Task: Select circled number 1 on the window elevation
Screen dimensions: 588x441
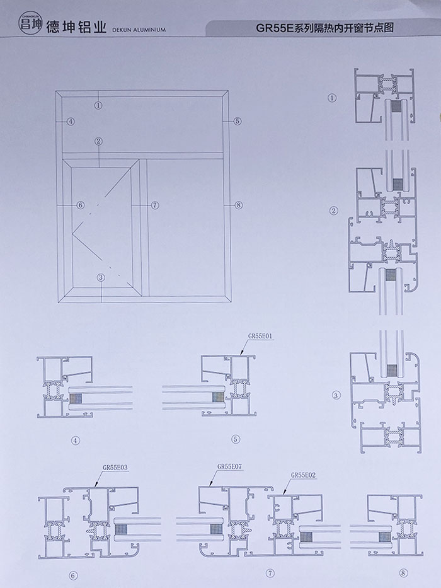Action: [99, 105]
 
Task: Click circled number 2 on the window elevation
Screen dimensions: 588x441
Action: [99, 142]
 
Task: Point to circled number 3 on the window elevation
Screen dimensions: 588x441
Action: [100, 277]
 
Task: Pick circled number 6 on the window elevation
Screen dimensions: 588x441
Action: [80, 205]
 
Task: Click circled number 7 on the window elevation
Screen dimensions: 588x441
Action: [155, 205]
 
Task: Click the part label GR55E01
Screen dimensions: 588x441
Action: [260, 337]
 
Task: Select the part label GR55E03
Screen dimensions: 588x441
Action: [115, 468]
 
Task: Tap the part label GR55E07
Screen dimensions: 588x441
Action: [230, 468]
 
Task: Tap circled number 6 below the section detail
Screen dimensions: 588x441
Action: [73, 575]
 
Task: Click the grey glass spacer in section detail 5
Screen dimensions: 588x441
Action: [218, 398]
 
